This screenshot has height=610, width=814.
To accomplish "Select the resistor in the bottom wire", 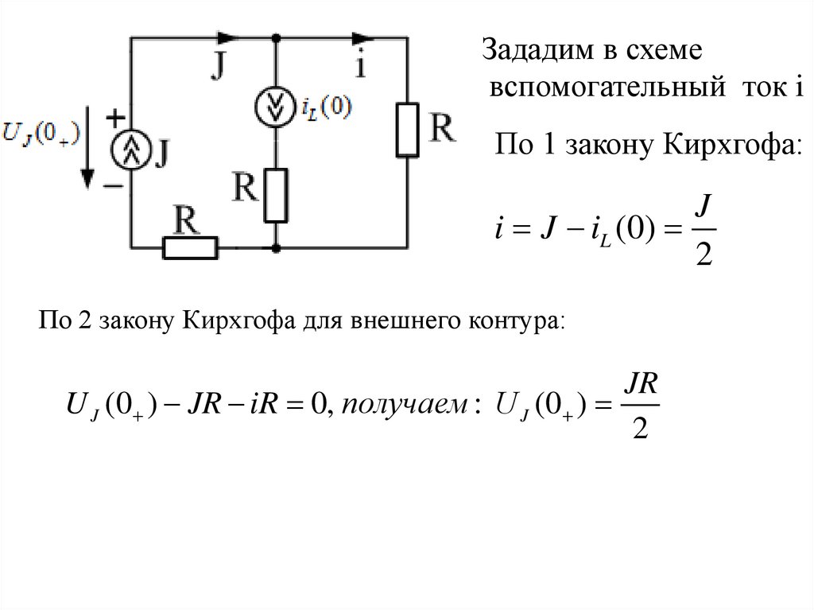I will pyautogui.click(x=190, y=248).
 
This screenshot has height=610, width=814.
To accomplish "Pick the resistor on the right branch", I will pyautogui.click(x=407, y=129).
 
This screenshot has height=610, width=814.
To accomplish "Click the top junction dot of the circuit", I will pyautogui.click(x=275, y=37).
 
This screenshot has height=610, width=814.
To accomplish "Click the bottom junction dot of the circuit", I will pyautogui.click(x=275, y=248).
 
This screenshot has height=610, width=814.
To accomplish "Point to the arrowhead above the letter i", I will pyautogui.click(x=363, y=37).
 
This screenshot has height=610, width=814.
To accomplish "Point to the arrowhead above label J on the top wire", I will pyautogui.click(x=226, y=37).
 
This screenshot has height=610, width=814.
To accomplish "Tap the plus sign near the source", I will pyautogui.click(x=116, y=118).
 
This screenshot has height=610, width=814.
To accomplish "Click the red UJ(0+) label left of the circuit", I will pyautogui.click(x=40, y=132).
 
